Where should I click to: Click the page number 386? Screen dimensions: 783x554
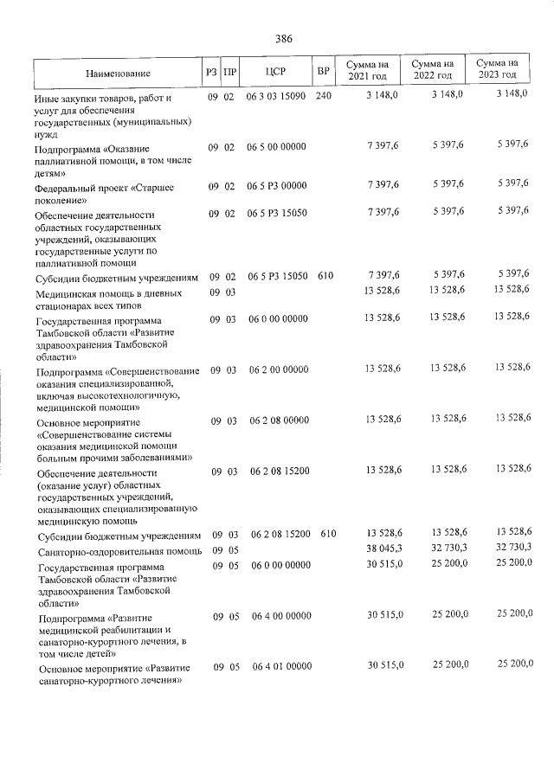click(x=284, y=39)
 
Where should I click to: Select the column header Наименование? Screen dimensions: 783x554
click(x=119, y=74)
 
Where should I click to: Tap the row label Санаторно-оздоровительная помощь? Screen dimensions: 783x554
click(x=119, y=551)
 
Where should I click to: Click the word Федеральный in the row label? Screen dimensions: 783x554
click(x=65, y=186)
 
